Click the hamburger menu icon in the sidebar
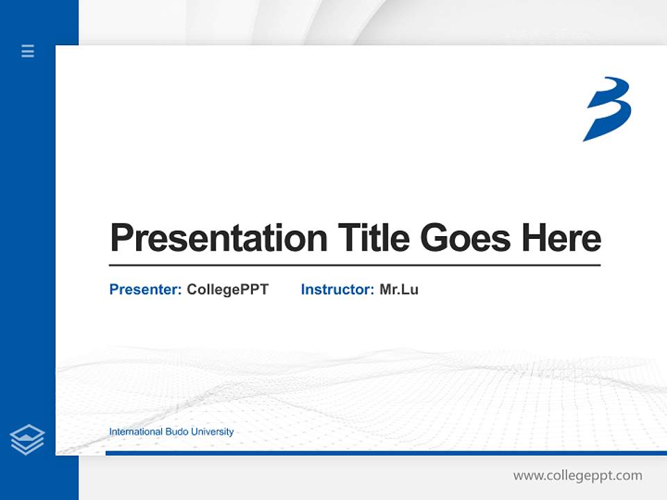coord(28,51)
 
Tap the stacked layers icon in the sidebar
coord(27,440)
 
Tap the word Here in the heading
coord(561,237)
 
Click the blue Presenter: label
coord(145,290)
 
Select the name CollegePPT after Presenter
coord(227,290)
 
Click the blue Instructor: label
coord(337,290)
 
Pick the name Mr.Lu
coord(399,290)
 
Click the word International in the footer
coord(136,432)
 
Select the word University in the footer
coord(211,432)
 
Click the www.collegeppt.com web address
coord(577,476)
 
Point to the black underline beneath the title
coord(354,265)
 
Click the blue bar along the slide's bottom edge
coord(386,453)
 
